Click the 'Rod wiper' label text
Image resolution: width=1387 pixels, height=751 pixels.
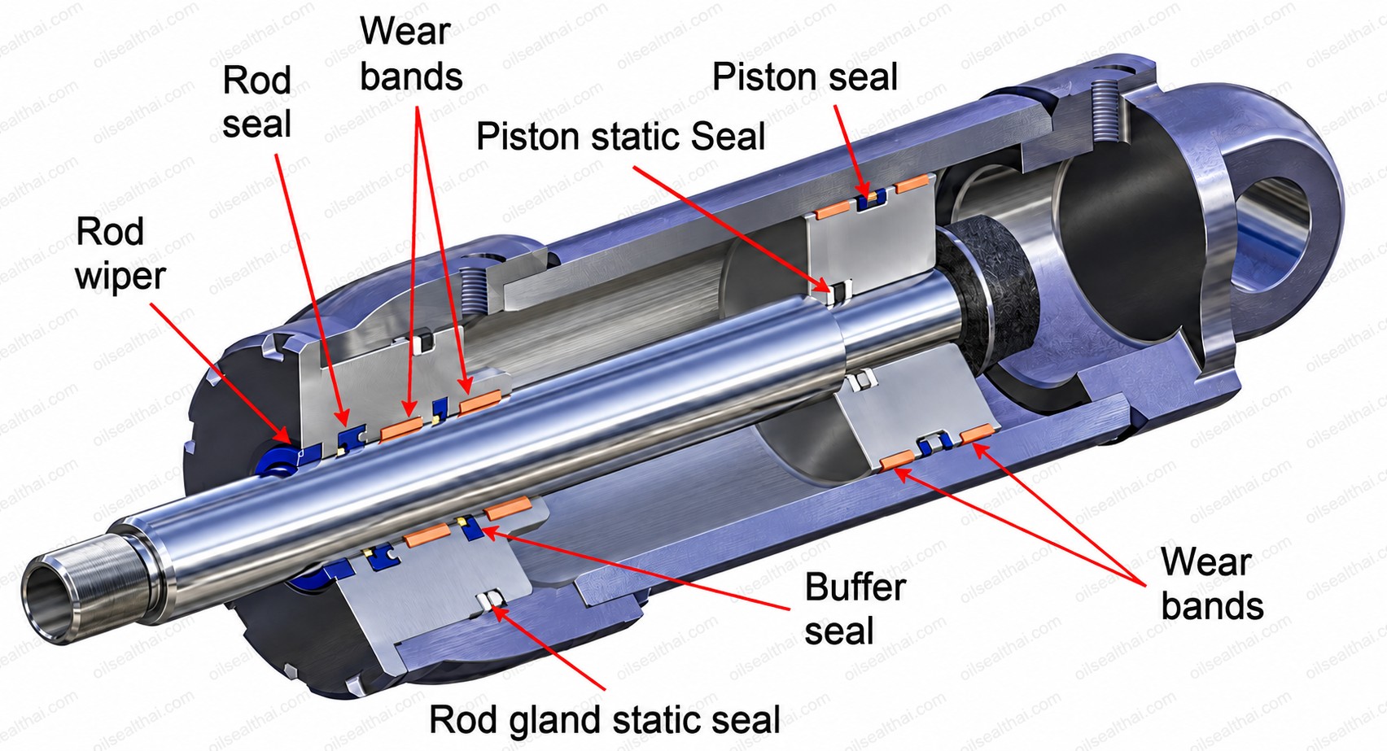[x=120, y=254]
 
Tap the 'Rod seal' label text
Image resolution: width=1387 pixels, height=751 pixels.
[x=256, y=103]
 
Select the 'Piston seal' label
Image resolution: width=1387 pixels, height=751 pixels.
[x=804, y=77]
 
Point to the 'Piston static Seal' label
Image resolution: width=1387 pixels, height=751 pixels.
[x=620, y=136]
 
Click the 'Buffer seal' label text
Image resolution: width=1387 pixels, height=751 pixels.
[x=855, y=609]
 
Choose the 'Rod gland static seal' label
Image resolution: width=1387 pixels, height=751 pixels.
[x=604, y=719]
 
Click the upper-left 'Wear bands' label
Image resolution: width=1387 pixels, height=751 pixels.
[x=411, y=54]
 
